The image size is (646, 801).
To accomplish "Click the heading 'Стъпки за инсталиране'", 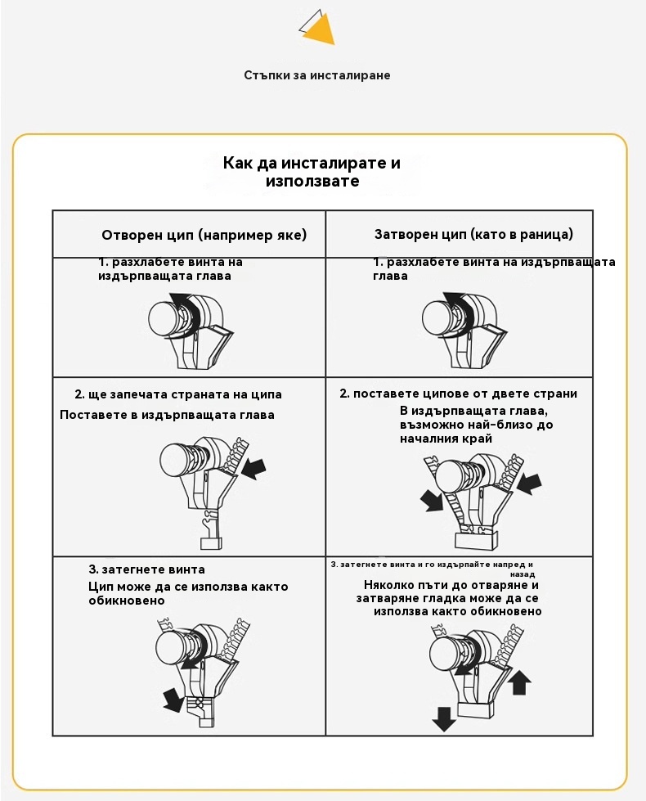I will point(317,75).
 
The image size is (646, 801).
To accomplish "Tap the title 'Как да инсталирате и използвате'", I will point(312,171).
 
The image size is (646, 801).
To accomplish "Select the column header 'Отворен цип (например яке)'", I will point(204,235).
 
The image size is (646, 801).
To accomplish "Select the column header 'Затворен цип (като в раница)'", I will point(473,234).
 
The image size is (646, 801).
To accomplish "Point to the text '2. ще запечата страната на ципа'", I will point(178,394).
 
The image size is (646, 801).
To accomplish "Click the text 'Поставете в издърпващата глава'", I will point(167,415).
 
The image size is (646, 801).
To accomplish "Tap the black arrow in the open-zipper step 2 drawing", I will point(255,468).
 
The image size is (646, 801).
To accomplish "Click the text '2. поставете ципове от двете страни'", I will point(458,394).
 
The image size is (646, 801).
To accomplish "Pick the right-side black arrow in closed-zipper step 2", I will point(529,483).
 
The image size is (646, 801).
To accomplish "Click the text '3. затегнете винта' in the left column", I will point(146,569).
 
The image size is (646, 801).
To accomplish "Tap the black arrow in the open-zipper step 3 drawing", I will point(173,699).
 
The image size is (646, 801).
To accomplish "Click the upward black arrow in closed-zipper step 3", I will point(520,681).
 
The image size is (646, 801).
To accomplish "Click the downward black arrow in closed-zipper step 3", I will point(444,719).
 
